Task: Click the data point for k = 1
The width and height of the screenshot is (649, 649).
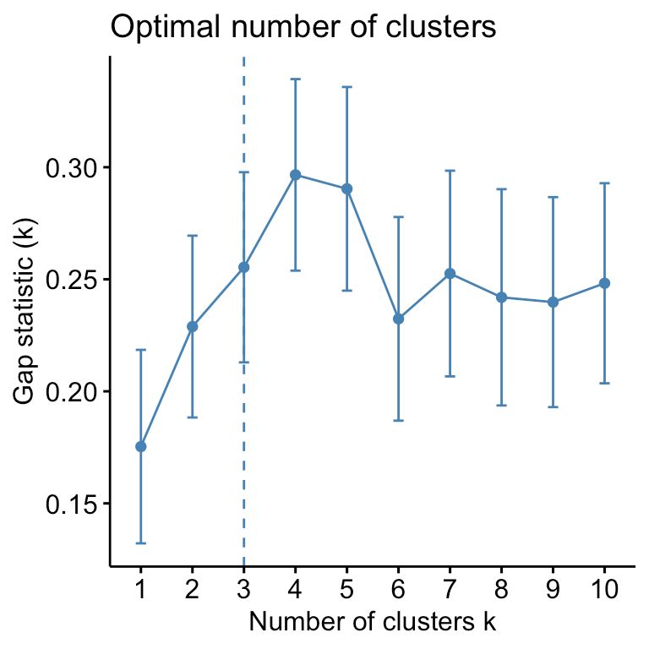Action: click(140, 446)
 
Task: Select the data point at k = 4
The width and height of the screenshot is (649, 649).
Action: click(295, 175)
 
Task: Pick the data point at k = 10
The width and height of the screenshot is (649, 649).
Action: click(604, 283)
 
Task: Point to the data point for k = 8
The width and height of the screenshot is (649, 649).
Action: click(501, 297)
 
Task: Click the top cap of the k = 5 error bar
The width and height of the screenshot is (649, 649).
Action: click(346, 86)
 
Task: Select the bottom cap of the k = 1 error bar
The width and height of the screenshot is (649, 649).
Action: click(140, 543)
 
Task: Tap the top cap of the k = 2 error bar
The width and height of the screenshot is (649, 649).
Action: click(192, 235)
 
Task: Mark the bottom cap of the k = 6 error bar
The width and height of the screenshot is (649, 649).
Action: click(398, 420)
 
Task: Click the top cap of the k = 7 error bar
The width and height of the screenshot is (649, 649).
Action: click(450, 171)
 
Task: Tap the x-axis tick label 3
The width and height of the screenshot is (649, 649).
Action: click(243, 590)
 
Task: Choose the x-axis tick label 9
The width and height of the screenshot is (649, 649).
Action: click(553, 590)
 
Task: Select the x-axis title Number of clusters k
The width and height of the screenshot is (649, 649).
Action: click(372, 624)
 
